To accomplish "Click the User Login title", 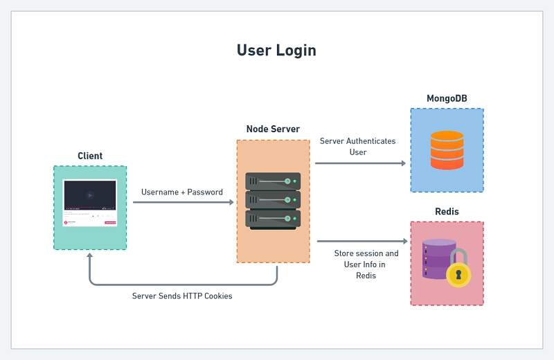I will pyautogui.click(x=276, y=51).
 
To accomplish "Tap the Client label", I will pyautogui.click(x=90, y=156).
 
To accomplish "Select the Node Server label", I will pyautogui.click(x=273, y=129).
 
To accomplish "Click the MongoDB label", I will pyautogui.click(x=447, y=98).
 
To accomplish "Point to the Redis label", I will pyautogui.click(x=447, y=211).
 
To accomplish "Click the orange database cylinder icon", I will pyautogui.click(x=447, y=150).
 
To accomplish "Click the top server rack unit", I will pyautogui.click(x=273, y=181).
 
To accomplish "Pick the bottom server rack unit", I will pyautogui.click(x=273, y=218).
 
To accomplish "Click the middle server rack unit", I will pyautogui.click(x=273, y=200).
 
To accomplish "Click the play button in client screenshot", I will pyautogui.click(x=90, y=195).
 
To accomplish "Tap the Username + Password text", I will pyautogui.click(x=182, y=192).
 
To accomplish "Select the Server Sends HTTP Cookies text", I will pyautogui.click(x=182, y=296).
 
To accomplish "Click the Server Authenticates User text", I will pyautogui.click(x=357, y=146).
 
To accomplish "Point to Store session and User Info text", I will pyautogui.click(x=366, y=264).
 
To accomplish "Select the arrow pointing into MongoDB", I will pyautogui.click(x=360, y=163).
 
